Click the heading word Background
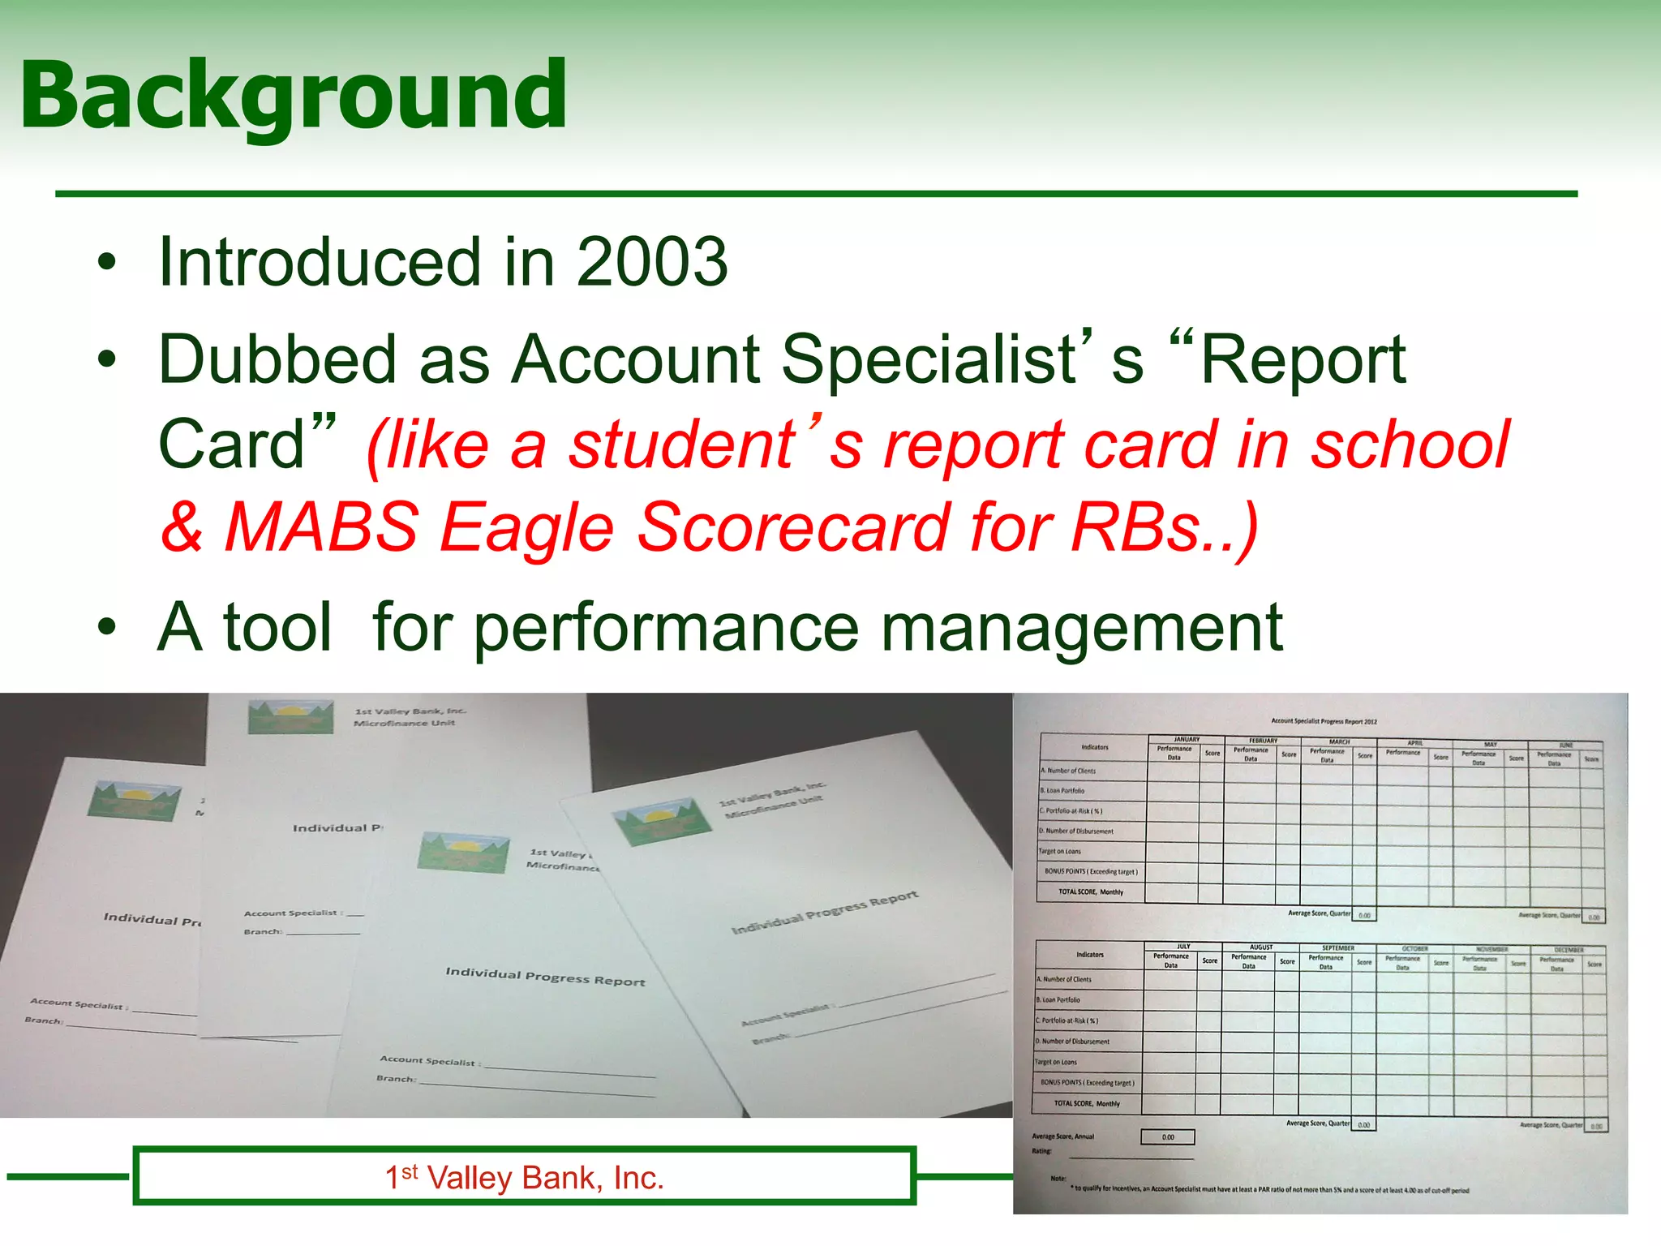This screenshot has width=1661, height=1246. (294, 96)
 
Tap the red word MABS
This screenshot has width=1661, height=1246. (321, 527)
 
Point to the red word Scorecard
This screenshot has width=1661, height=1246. (792, 527)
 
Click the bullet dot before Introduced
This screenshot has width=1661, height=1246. (106, 264)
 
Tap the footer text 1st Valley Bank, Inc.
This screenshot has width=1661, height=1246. (524, 1178)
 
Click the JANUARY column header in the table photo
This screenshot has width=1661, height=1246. (1187, 739)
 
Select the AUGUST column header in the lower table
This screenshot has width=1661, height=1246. (1261, 947)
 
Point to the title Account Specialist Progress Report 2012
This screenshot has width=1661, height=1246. (1324, 721)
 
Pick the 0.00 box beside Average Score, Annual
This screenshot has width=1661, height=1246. (1168, 1137)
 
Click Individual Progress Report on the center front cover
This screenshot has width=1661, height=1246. (545, 976)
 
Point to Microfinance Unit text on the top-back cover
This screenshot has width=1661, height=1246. (404, 723)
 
